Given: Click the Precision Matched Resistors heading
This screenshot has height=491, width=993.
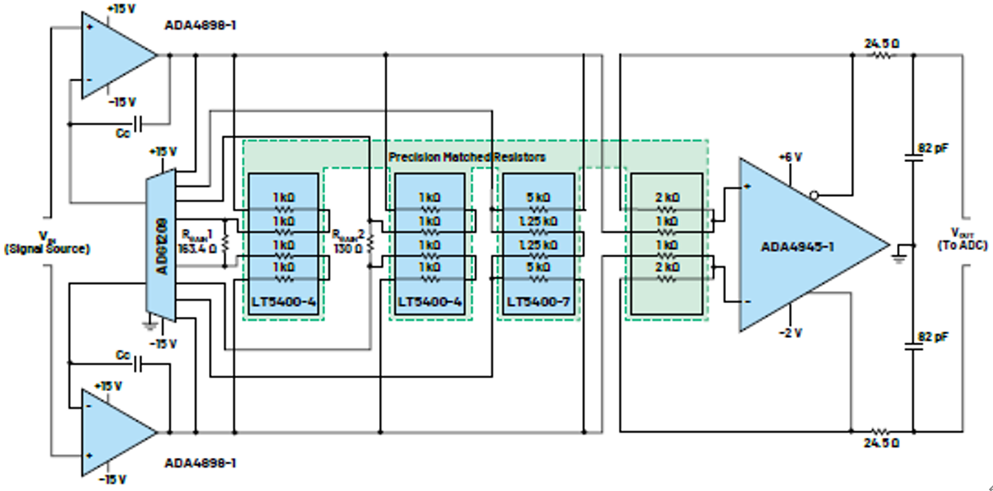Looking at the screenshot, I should click(467, 156).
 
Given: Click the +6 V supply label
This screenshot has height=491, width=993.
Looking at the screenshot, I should click(790, 157).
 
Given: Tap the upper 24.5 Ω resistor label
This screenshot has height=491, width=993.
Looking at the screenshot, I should click(881, 43).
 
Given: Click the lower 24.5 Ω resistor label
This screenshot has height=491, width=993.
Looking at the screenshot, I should click(881, 443).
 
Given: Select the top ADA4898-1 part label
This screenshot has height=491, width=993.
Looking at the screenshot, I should click(201, 25).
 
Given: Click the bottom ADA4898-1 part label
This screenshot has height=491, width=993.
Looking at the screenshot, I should click(201, 464).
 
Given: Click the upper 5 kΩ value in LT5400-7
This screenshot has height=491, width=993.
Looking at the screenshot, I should click(537, 197).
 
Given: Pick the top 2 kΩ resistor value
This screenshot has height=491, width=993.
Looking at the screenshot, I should click(666, 197).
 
